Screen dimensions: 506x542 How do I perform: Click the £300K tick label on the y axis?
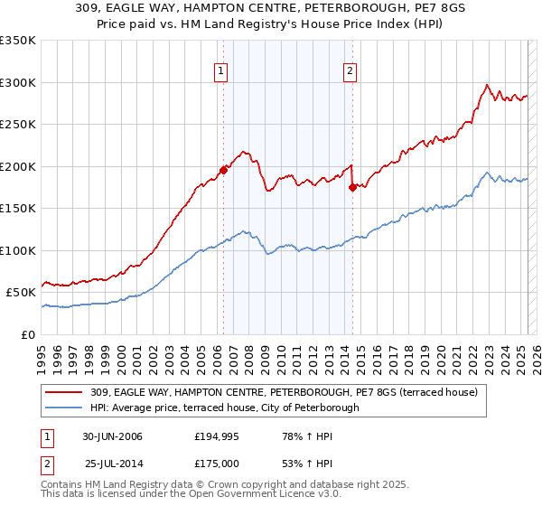[18, 82]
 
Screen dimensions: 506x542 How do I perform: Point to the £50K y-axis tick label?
[21, 293]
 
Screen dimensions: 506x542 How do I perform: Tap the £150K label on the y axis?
[18, 209]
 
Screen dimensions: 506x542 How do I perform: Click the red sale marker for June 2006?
[223, 170]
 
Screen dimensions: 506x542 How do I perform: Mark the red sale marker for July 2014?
[352, 187]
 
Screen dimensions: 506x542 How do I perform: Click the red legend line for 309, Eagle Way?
[65, 392]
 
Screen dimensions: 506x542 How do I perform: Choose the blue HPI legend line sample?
[65, 408]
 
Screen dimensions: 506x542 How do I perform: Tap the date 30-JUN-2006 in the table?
[112, 436]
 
